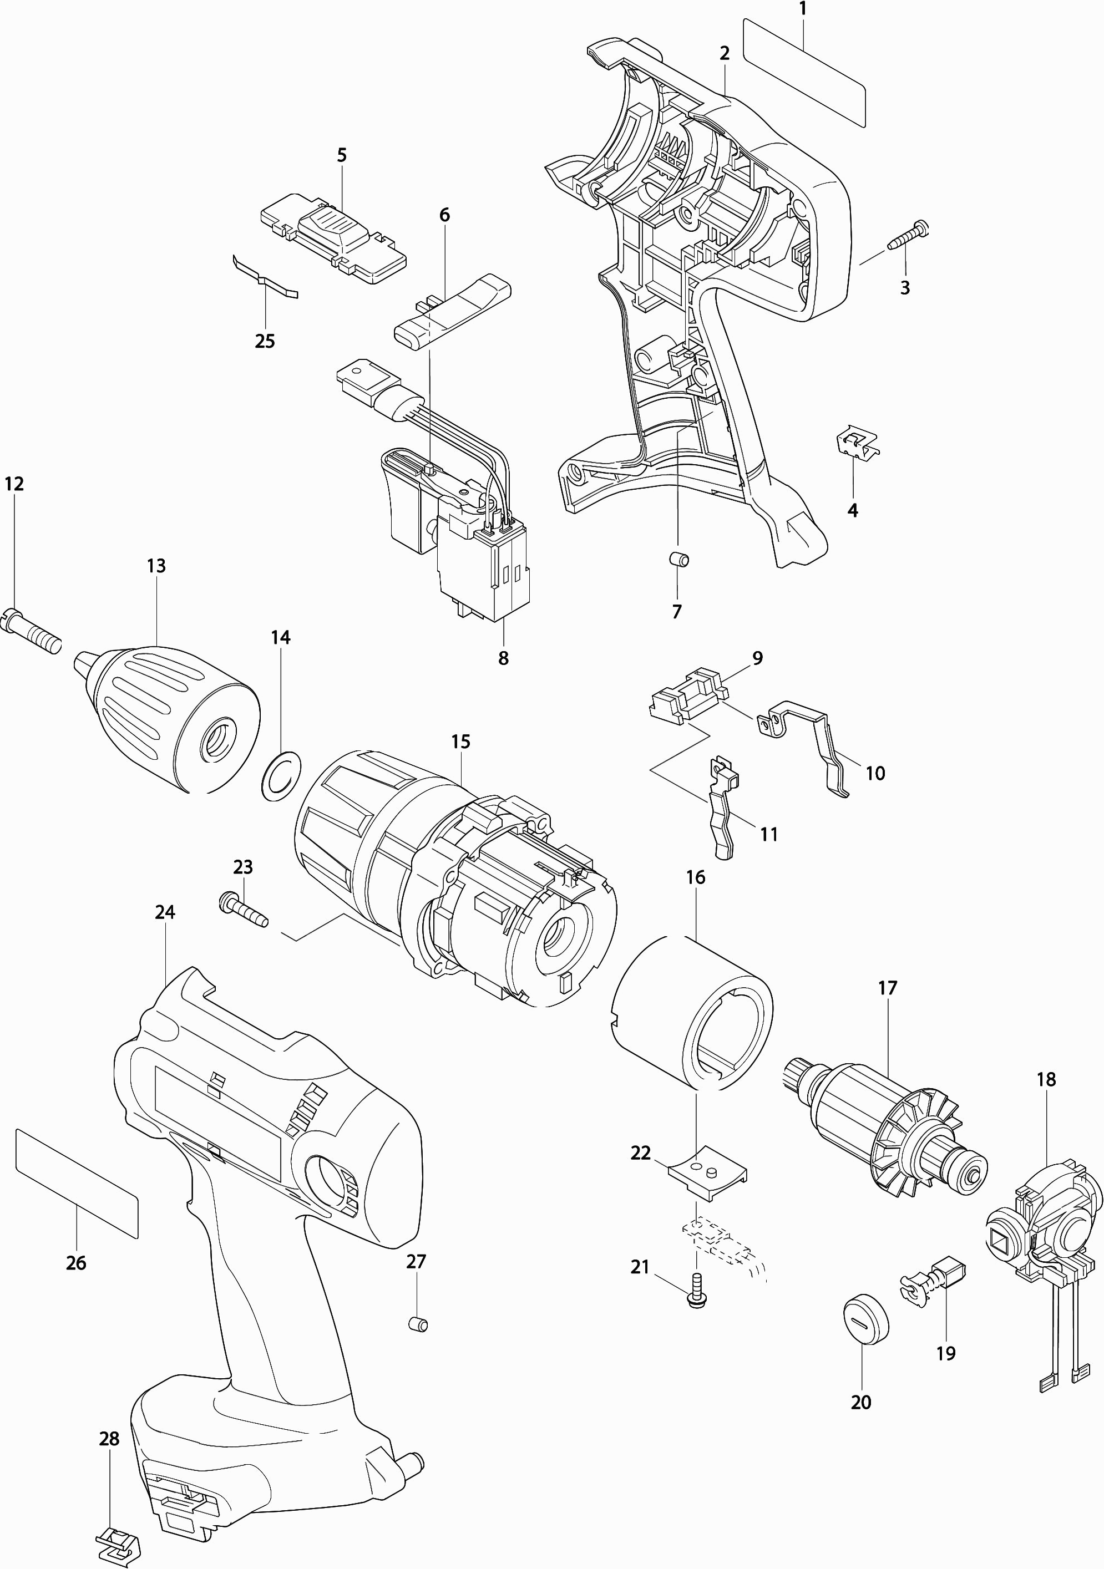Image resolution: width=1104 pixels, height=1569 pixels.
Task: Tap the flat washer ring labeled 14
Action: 280,775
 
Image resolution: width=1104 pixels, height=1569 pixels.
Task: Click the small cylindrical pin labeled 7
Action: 678,560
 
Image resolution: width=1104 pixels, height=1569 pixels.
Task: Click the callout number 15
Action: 461,742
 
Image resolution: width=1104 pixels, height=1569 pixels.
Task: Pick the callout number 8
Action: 503,658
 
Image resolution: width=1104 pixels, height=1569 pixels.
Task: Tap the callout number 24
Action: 165,912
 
